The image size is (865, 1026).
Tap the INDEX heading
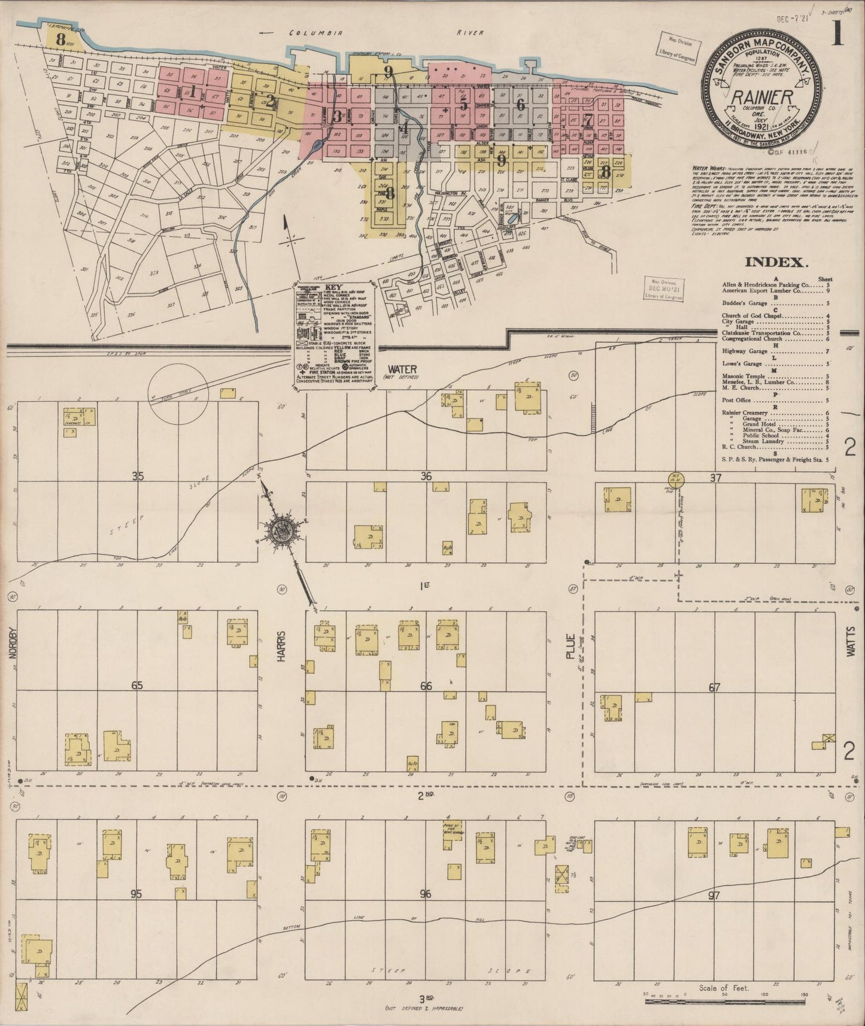click(x=776, y=262)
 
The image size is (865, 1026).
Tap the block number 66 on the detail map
click(x=426, y=686)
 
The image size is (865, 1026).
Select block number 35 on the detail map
click(x=138, y=476)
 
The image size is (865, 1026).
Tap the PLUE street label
click(x=570, y=646)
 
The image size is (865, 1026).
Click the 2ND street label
click(x=426, y=796)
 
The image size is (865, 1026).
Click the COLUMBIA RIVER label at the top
click(x=387, y=34)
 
